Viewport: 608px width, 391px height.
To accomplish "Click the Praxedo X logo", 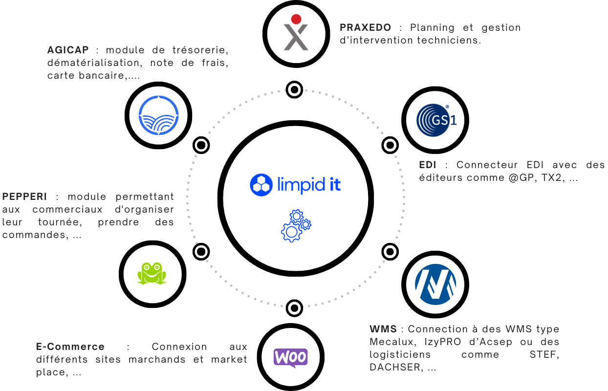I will (x=297, y=33).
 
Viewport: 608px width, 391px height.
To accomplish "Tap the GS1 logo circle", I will (x=435, y=120).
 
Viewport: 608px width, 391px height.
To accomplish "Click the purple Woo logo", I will (x=291, y=356).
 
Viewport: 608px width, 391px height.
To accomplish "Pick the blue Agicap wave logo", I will (x=158, y=116).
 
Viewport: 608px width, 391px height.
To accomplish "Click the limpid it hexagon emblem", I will (x=261, y=185).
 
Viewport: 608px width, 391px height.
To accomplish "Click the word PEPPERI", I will (x=24, y=197).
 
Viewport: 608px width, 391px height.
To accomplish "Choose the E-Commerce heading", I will (x=70, y=347).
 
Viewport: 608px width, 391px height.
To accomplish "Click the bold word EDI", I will (x=427, y=165).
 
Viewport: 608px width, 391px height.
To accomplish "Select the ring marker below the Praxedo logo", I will (x=294, y=89).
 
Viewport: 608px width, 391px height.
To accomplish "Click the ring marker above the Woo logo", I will (x=294, y=308).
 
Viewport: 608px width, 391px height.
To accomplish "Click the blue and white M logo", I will (x=435, y=283).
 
